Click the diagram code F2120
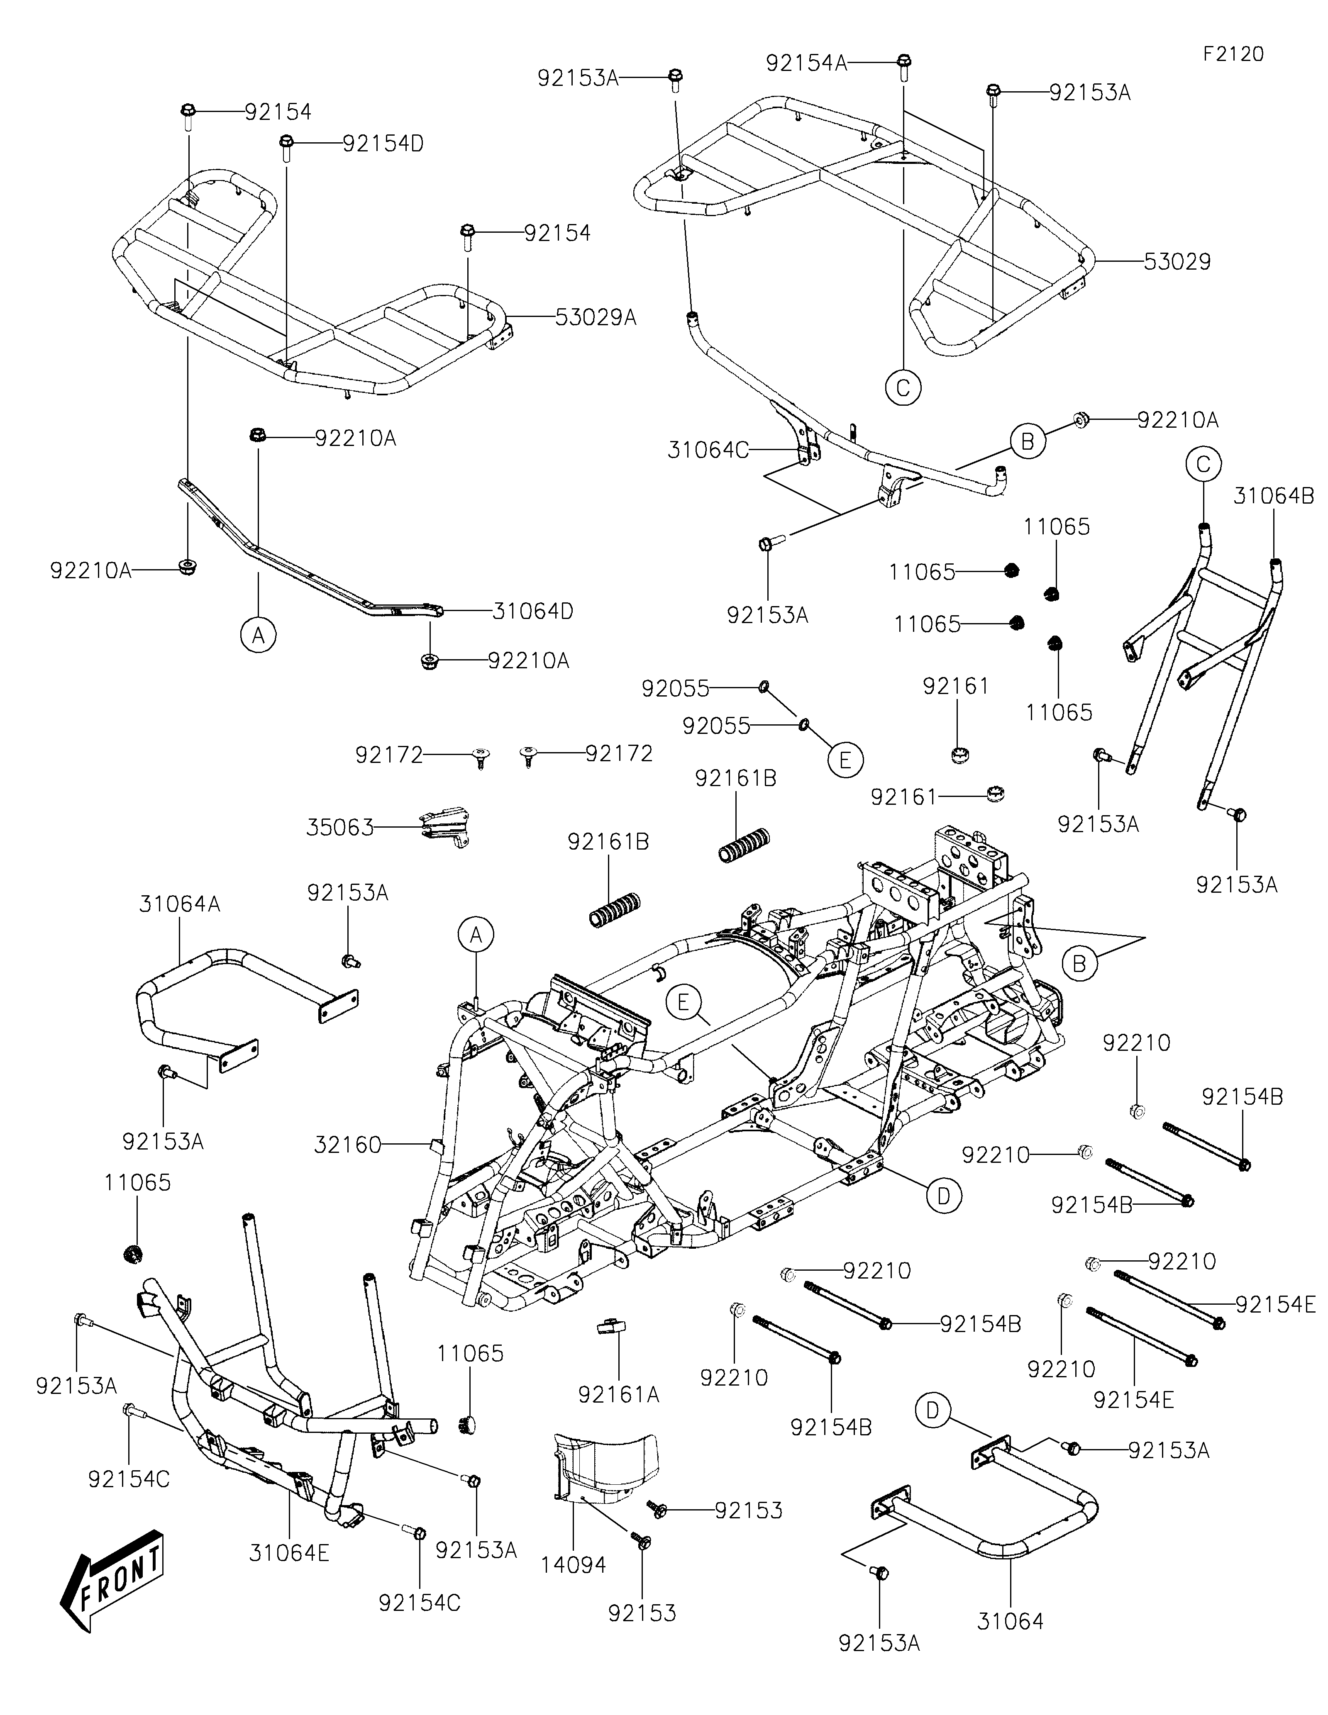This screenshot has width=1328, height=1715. tap(1233, 54)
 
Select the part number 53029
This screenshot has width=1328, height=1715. tap(1177, 261)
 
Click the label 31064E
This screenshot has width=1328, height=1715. tap(289, 1552)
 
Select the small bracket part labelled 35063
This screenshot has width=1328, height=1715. tap(444, 827)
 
